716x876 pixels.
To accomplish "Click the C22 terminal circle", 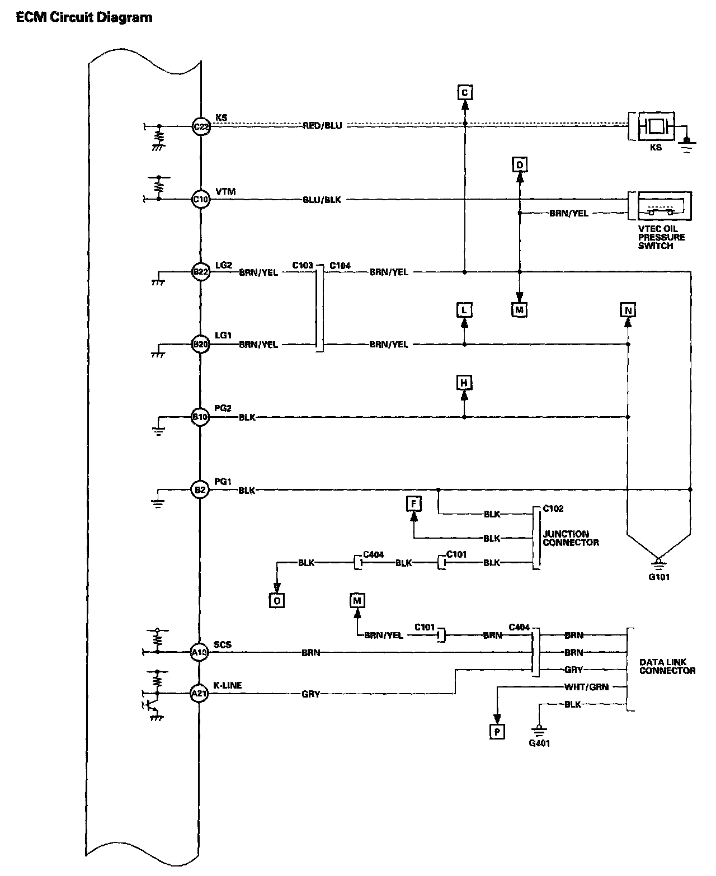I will pyautogui.click(x=200, y=126).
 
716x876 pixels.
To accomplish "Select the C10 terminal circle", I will pyautogui.click(x=200, y=199).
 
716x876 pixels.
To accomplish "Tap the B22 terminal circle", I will pyautogui.click(x=200, y=272).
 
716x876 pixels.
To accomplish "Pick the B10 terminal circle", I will pyautogui.click(x=200, y=417).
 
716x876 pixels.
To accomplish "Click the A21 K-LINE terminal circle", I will pyautogui.click(x=199, y=694).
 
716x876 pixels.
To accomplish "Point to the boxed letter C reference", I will pyautogui.click(x=464, y=92).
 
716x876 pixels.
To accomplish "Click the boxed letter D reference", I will pyautogui.click(x=520, y=164).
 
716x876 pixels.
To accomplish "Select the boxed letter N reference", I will pyautogui.click(x=628, y=310).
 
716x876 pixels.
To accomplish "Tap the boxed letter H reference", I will pyautogui.click(x=464, y=383).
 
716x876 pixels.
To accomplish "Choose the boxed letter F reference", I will pyautogui.click(x=414, y=504).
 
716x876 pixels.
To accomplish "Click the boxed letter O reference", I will pyautogui.click(x=276, y=600).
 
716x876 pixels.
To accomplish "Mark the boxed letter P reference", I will pyautogui.click(x=497, y=732).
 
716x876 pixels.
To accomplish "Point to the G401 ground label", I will pyautogui.click(x=539, y=743).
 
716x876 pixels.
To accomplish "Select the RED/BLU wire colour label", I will pyautogui.click(x=322, y=126).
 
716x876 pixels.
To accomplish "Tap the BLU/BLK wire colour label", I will pyautogui.click(x=322, y=199).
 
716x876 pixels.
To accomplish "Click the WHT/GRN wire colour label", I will pyautogui.click(x=579, y=687).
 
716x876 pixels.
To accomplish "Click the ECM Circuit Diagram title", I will pyautogui.click(x=84, y=17).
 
